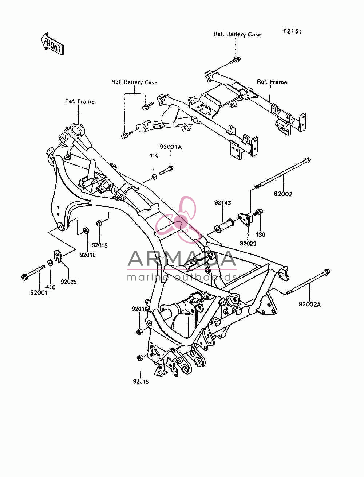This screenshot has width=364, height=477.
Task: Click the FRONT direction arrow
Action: [52, 44]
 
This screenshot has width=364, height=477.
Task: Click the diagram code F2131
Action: [292, 31]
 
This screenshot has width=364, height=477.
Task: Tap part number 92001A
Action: [171, 147]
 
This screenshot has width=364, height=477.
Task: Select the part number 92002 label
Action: [283, 194]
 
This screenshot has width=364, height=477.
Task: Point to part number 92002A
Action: [309, 304]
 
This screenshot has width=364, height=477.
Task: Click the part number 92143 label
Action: [222, 202]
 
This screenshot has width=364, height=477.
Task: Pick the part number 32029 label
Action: [248, 244]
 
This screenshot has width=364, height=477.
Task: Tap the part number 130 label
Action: [260, 235]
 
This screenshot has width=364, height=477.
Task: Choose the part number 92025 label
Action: [68, 282]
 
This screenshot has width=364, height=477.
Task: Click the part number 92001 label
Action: [39, 293]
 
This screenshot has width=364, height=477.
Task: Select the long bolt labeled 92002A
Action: [308, 282]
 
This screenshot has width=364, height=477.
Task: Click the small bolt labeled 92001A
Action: [166, 170]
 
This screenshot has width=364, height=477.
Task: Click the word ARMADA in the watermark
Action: [182, 259]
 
